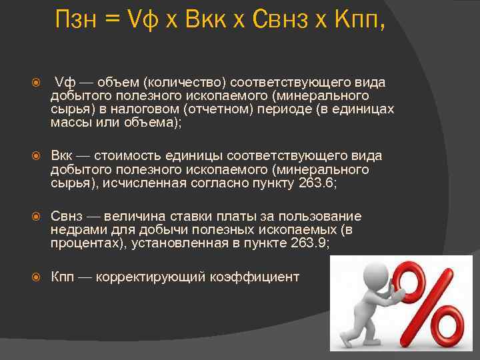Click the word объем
click(117, 82)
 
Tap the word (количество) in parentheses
click(183, 82)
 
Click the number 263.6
click(315, 183)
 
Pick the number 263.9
click(309, 243)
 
